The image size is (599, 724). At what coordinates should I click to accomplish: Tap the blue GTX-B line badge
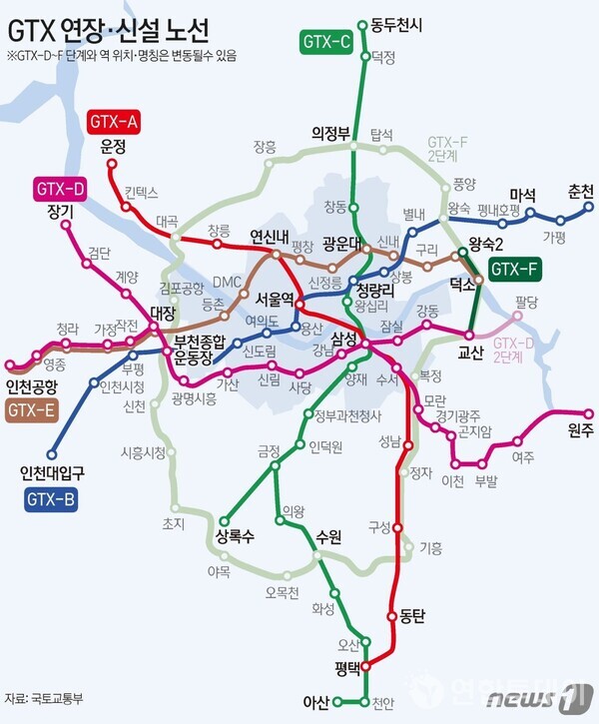tap(51, 497)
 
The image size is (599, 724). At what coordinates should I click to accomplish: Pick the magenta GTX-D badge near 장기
tap(61, 187)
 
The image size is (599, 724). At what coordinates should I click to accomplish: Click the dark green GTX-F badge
tap(516, 268)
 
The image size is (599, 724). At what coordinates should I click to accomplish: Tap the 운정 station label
tap(113, 146)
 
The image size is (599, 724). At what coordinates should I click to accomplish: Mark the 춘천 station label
tap(580, 192)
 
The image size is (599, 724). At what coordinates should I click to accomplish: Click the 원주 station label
tap(579, 431)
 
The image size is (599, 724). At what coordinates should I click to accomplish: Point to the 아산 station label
tap(316, 702)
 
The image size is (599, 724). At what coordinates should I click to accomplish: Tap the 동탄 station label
tap(411, 616)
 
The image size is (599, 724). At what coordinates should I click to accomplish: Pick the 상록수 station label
tap(235, 536)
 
